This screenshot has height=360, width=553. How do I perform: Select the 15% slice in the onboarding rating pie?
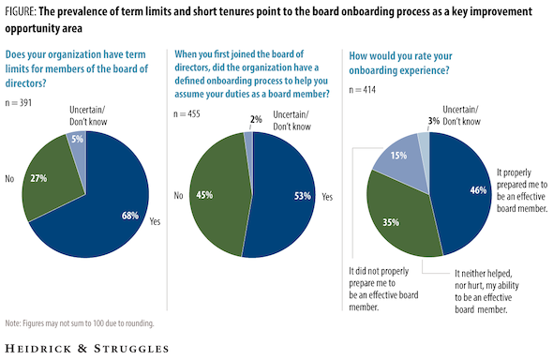point(398,157)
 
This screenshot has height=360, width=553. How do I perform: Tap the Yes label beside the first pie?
point(155,221)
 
